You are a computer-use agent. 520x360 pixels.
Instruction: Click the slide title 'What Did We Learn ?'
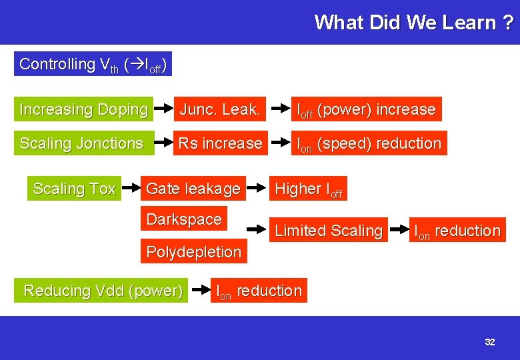(414, 22)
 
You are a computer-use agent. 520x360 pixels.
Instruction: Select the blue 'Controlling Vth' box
(93, 64)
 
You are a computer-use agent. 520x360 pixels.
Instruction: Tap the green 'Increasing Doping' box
(83, 109)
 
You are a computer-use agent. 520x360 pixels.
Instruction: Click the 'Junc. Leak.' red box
(219, 109)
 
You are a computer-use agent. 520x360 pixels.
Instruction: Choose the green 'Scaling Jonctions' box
(83, 143)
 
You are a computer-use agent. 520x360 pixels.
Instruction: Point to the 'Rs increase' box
(219, 143)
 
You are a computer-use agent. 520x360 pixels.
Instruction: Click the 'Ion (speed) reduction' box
(369, 143)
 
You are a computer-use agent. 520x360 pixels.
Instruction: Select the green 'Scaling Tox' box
(74, 189)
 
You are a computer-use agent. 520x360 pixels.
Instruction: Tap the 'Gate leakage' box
(193, 189)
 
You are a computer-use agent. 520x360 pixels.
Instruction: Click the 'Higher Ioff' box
(308, 189)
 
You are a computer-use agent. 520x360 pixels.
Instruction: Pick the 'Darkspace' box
(183, 219)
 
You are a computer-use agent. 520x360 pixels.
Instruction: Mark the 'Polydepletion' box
(193, 252)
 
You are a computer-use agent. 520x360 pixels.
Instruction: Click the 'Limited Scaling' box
(329, 231)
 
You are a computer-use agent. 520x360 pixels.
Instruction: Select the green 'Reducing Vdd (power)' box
(103, 291)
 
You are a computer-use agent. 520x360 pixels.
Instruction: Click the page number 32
(490, 342)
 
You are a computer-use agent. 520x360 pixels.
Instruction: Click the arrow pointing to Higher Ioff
(257, 189)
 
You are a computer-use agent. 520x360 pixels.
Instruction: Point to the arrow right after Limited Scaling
(397, 231)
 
